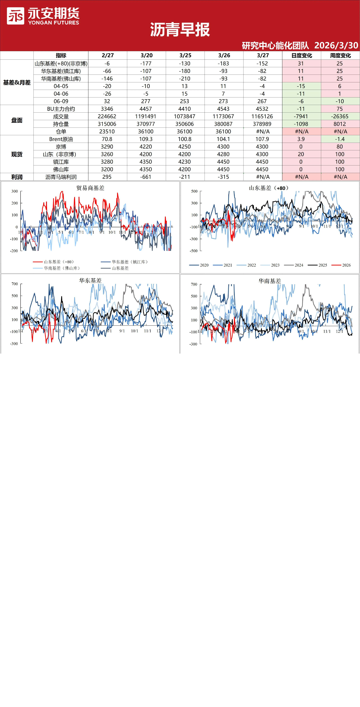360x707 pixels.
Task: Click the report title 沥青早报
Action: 180,30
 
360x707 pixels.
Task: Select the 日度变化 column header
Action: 302,55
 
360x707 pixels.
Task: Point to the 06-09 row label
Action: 61,101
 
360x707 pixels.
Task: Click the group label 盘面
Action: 17,120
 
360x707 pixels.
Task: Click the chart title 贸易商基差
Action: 90,188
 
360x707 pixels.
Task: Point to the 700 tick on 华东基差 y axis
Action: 15,284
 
